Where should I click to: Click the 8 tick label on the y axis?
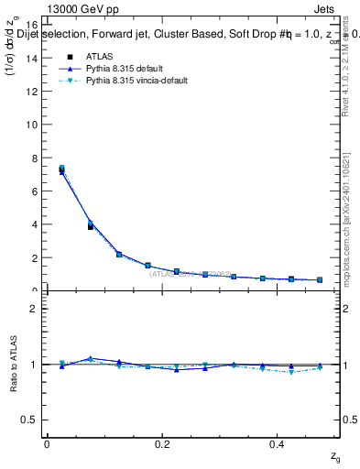36,158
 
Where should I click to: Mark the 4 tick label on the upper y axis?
36,224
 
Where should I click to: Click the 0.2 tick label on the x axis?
162,444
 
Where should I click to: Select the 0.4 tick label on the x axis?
278,444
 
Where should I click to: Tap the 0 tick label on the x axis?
46,444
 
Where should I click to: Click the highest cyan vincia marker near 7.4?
61,168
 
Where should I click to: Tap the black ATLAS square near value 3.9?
91,226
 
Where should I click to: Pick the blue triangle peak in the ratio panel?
91,358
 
